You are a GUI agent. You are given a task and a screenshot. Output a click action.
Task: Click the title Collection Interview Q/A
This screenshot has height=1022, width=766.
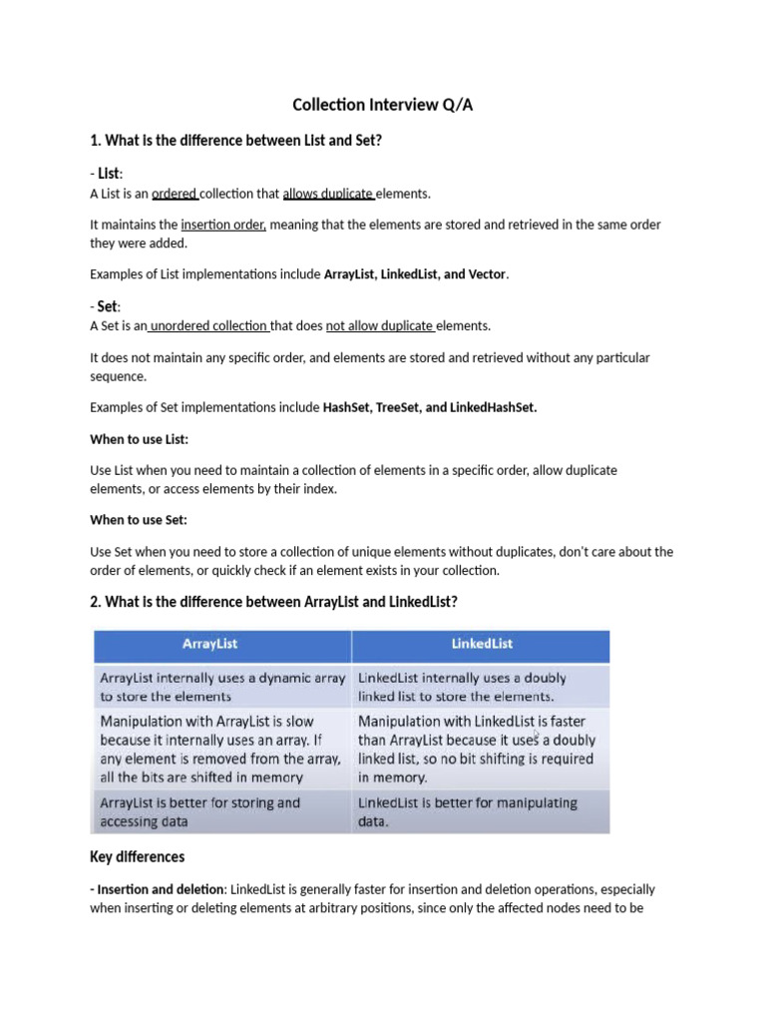click(382, 105)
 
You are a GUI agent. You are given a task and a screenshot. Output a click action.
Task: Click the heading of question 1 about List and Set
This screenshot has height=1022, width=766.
click(236, 141)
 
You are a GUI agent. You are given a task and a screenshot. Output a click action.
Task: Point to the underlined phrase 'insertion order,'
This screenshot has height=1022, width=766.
click(223, 225)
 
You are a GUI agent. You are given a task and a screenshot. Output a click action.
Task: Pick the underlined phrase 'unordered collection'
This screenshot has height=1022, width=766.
click(208, 325)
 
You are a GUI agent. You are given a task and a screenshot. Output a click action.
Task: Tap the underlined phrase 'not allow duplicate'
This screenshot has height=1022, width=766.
click(379, 325)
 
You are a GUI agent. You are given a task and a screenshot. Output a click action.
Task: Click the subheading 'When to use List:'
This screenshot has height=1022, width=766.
click(139, 439)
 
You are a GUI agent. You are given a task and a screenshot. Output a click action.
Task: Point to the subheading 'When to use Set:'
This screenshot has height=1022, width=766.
click(139, 520)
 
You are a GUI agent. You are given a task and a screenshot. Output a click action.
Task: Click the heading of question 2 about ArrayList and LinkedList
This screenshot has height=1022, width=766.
click(273, 602)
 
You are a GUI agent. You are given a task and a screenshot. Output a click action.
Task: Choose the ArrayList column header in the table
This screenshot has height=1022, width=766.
click(210, 644)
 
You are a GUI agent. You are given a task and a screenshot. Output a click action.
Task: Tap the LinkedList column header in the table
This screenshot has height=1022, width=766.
click(482, 644)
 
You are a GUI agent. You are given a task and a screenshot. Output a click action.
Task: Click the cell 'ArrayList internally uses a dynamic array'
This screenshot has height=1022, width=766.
click(221, 687)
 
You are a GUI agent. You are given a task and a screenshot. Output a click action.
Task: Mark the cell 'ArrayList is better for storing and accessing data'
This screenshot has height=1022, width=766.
click(199, 811)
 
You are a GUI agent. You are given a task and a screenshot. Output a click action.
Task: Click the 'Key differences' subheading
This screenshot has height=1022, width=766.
click(137, 856)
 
